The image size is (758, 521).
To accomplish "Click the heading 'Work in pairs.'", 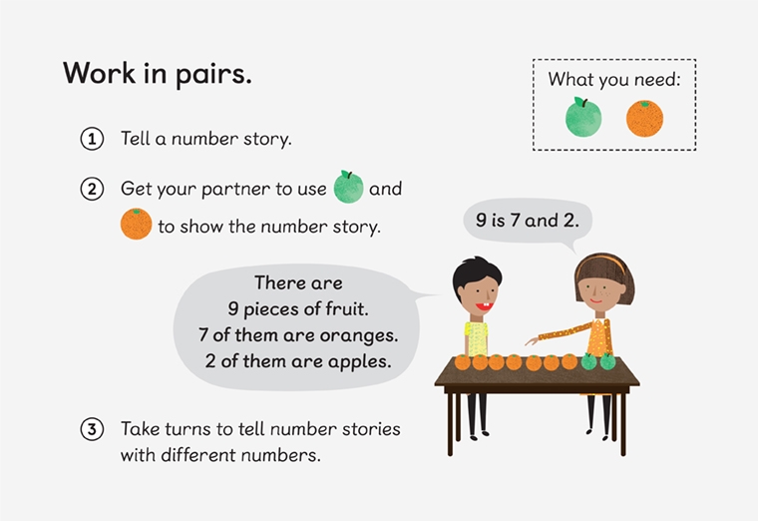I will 158,74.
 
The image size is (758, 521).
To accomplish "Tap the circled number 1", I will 92,139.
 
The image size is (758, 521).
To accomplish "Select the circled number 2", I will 92,189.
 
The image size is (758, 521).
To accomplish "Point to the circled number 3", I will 92,430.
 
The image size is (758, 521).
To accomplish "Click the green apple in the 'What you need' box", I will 583,117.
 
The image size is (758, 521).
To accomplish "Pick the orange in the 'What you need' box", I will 644,118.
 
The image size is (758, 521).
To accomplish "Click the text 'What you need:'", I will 613,79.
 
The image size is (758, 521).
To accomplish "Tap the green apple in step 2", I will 348,187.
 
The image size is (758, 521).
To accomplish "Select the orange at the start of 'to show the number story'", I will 136,224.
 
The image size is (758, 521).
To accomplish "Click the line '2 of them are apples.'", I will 298,359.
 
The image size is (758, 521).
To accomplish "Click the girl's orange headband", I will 604,262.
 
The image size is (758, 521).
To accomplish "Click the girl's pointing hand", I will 533,340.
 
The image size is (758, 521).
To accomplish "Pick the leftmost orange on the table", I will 462,362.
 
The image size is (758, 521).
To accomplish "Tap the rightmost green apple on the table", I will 607,361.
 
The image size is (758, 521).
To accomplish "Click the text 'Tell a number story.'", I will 205,139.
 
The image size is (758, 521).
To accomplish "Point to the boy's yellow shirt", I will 476,336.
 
